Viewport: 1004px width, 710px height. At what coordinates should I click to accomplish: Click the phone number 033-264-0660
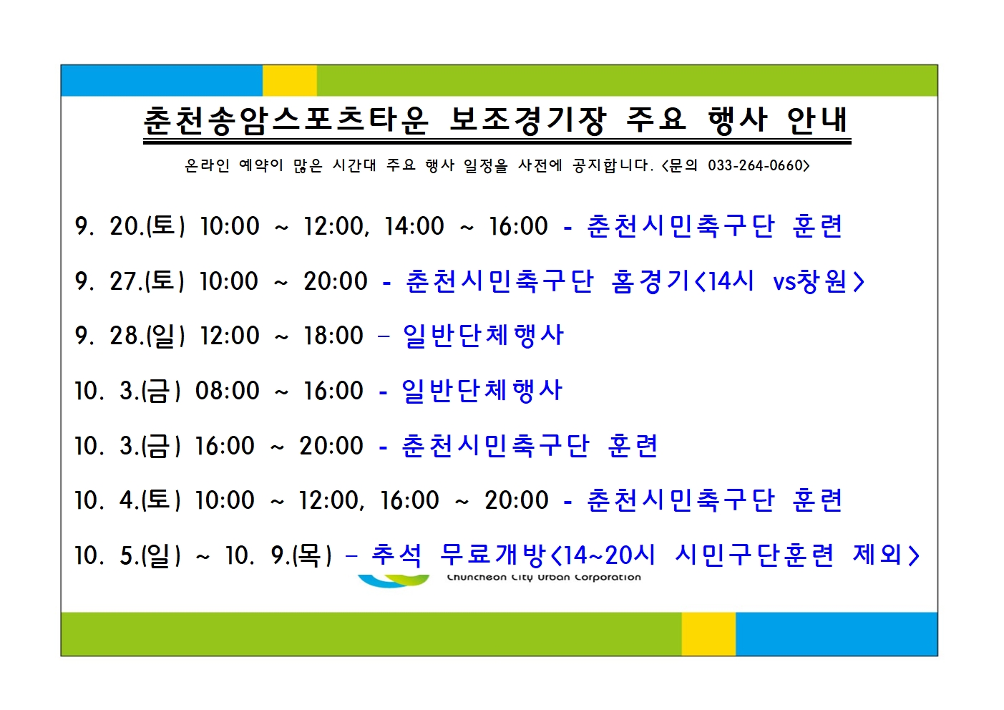pyautogui.click(x=755, y=165)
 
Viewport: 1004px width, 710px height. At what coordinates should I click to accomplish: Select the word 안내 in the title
pyautogui.click(x=817, y=120)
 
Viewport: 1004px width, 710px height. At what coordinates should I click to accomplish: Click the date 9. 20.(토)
pyautogui.click(x=130, y=226)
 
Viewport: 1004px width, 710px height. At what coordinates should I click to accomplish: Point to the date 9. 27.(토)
pyautogui.click(x=130, y=281)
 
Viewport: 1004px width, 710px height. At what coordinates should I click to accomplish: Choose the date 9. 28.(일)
pyautogui.click(x=130, y=336)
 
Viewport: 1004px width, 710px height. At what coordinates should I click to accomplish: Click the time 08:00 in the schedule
pyautogui.click(x=227, y=390)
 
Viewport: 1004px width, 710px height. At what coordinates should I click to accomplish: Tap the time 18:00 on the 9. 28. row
pyautogui.click(x=333, y=336)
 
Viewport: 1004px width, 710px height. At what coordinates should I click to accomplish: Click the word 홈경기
pyautogui.click(x=650, y=281)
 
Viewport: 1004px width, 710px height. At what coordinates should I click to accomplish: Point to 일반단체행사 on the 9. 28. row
pyautogui.click(x=483, y=336)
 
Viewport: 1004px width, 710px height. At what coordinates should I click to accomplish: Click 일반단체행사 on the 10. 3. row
pyautogui.click(x=482, y=390)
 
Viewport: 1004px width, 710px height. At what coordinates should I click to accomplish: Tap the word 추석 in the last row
pyautogui.click(x=396, y=555)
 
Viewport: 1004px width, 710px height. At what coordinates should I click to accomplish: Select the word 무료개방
pyautogui.click(x=492, y=555)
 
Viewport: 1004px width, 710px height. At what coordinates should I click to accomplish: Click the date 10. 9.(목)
pyautogui.click(x=278, y=555)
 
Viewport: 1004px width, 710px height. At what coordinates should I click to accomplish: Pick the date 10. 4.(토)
pyautogui.click(x=127, y=500)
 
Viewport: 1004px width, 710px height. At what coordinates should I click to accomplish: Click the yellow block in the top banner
pyautogui.click(x=290, y=81)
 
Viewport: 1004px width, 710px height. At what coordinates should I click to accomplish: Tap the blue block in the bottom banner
pyautogui.click(x=837, y=634)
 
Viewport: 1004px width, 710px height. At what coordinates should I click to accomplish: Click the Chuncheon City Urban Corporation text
pyautogui.click(x=544, y=578)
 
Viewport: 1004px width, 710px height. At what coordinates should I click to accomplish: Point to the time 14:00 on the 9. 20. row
pyautogui.click(x=414, y=226)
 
